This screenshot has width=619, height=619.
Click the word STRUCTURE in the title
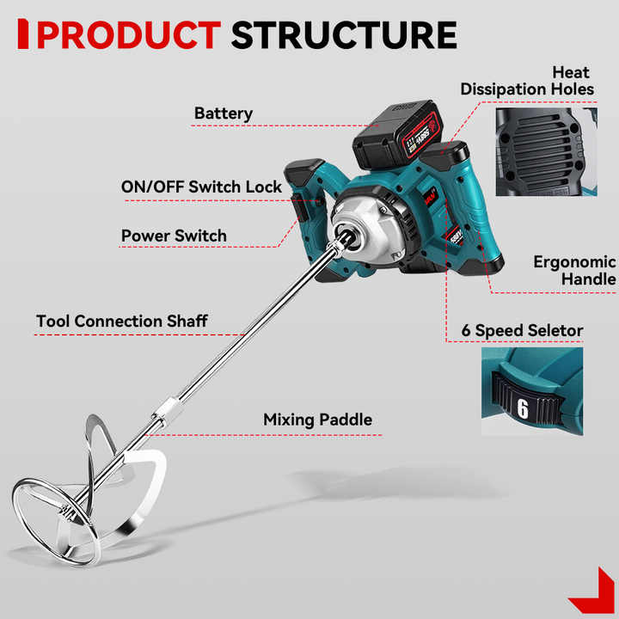(344, 34)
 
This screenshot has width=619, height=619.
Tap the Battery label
(223, 113)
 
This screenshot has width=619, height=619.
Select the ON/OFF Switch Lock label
(201, 187)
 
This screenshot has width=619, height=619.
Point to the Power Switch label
(174, 236)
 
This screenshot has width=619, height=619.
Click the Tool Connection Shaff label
(122, 322)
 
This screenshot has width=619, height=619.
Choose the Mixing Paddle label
(317, 420)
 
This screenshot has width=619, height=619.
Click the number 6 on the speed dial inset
(522, 406)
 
